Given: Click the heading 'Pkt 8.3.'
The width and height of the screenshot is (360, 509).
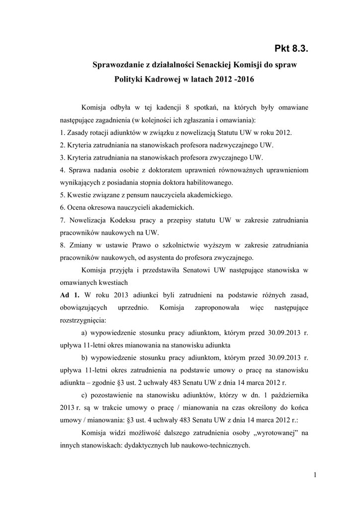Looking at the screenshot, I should (x=295, y=48).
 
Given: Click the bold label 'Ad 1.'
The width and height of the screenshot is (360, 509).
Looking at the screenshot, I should (x=67, y=295).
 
